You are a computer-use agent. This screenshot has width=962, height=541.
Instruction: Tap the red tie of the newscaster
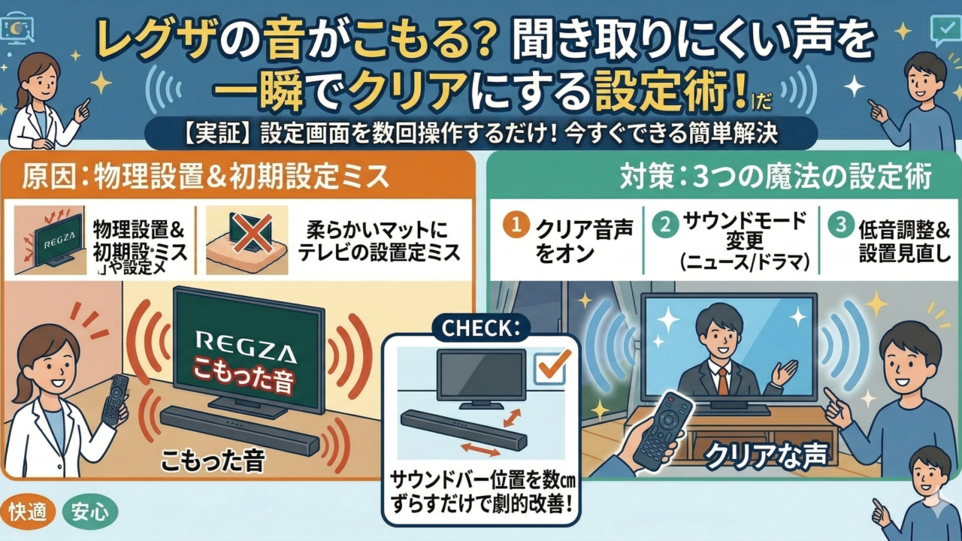tap(722, 379)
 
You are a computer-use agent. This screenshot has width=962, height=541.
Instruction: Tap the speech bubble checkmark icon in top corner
tap(942, 29)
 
